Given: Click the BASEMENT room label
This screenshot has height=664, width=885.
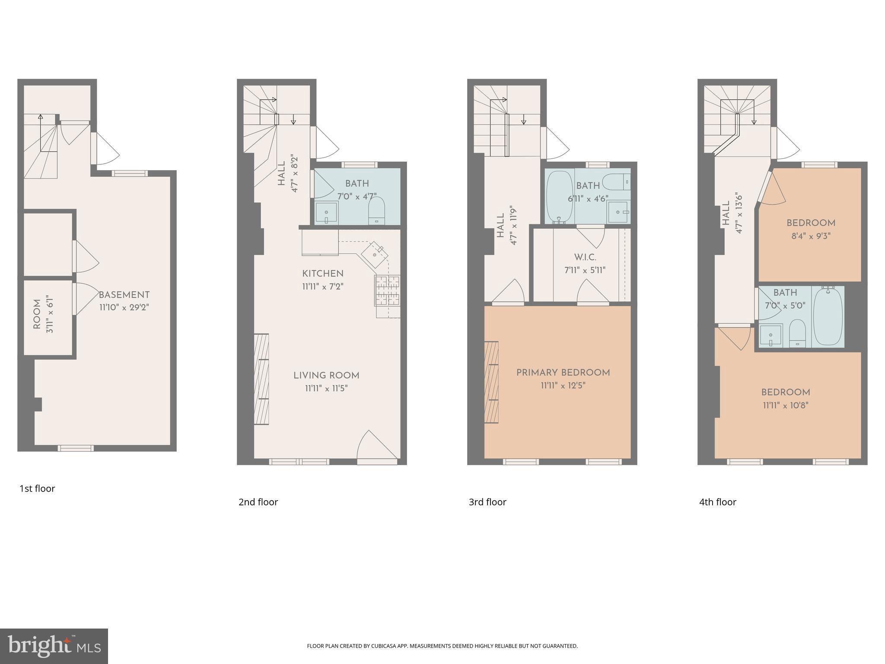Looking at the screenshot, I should click(124, 295).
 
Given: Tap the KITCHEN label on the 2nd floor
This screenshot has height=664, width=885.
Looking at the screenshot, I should click(323, 274).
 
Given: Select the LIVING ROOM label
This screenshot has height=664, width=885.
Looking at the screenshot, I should click(326, 376).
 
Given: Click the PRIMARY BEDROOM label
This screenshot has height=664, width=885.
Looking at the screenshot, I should click(563, 373).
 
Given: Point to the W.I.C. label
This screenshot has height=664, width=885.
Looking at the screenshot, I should click(585, 258).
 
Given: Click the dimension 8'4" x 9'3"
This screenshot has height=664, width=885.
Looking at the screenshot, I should click(811, 236).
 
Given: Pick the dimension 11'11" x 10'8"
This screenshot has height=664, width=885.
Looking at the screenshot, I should click(786, 405).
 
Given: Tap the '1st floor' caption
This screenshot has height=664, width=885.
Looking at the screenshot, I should click(37, 488).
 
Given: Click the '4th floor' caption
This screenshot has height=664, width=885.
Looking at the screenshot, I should click(718, 502).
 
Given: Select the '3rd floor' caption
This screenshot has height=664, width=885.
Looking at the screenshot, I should click(487, 502).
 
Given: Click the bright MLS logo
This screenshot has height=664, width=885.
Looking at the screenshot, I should click(54, 646).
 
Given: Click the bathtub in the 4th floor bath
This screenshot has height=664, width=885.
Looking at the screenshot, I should click(828, 316).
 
